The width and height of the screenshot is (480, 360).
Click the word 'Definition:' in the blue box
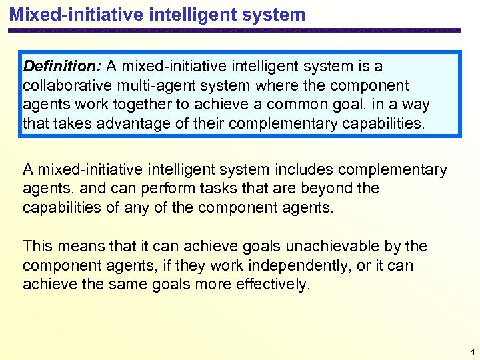62,67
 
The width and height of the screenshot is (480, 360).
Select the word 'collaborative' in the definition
64,86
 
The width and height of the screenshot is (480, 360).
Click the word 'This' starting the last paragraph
37,247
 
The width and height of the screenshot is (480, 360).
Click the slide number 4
472,351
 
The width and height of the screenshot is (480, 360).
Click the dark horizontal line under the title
233,30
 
